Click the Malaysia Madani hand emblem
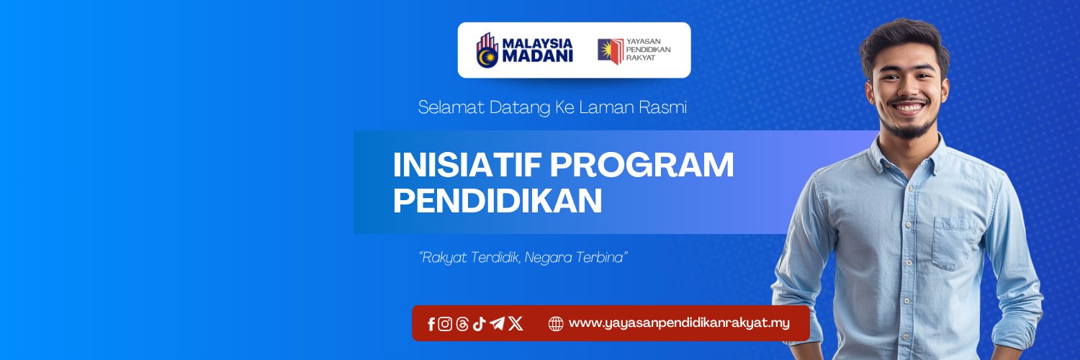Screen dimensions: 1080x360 (x=487, y=50)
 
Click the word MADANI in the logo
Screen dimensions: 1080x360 (x=538, y=56)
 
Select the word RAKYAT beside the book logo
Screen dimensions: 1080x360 (x=640, y=58)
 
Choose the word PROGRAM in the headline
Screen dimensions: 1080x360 (x=642, y=165)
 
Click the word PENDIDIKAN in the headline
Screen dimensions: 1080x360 (x=498, y=200)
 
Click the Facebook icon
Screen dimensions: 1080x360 (x=431, y=324)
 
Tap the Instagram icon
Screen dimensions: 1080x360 (x=445, y=324)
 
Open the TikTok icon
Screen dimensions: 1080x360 (x=479, y=324)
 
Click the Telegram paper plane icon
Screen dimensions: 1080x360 (x=497, y=323)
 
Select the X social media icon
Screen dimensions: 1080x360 (x=516, y=323)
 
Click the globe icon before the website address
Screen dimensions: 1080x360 (x=555, y=324)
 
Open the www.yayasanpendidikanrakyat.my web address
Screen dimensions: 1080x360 (x=680, y=323)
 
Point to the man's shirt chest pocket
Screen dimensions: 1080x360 (x=955, y=243)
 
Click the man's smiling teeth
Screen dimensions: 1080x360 (x=908, y=108)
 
